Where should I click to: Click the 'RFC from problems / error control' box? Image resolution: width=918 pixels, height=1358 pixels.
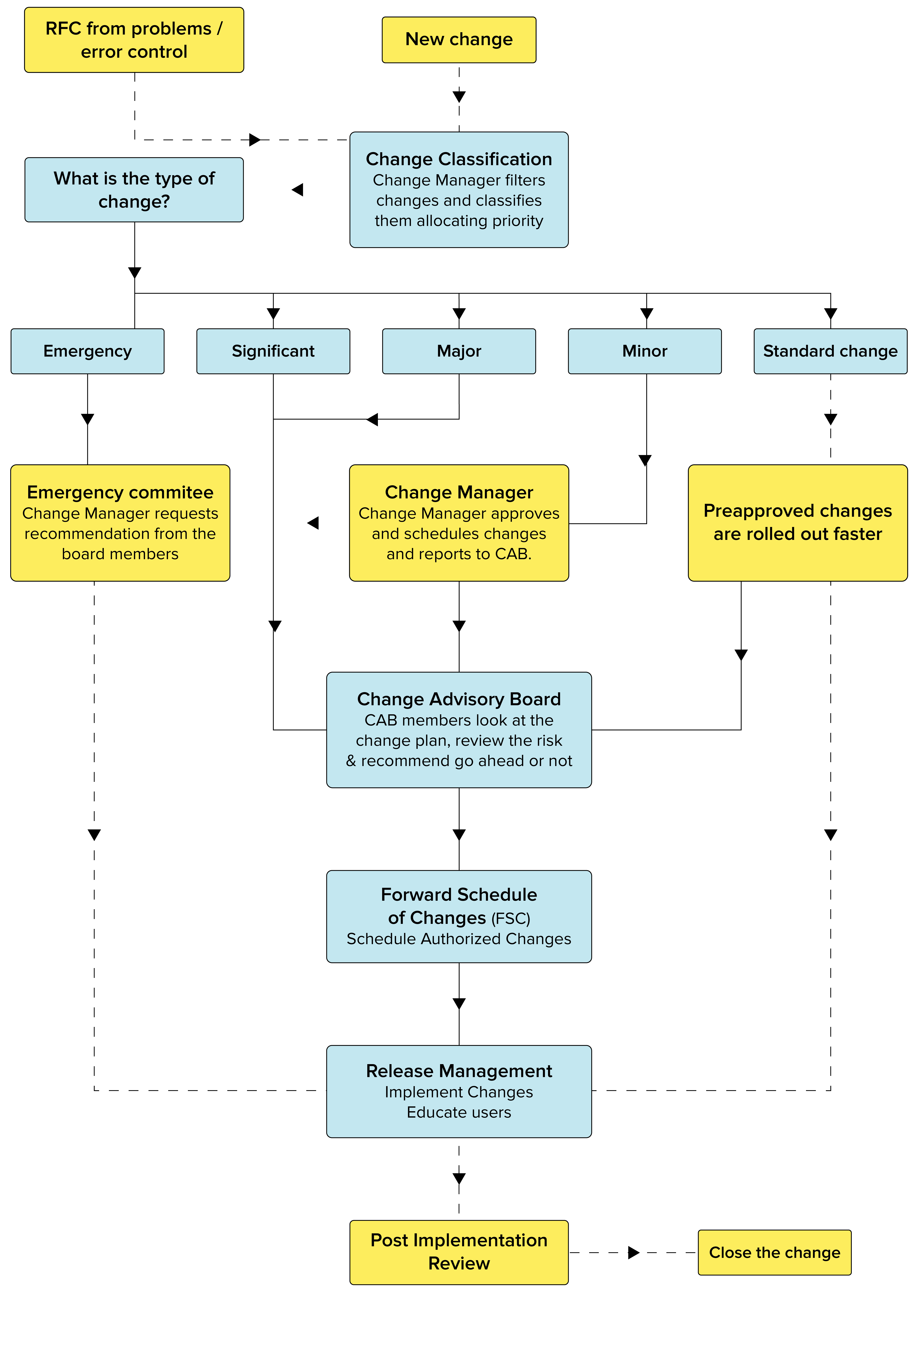[134, 40]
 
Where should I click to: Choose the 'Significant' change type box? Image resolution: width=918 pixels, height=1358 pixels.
[273, 351]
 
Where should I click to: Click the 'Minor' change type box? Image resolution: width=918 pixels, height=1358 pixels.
[644, 351]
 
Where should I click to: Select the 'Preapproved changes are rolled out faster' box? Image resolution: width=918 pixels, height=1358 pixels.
[798, 522]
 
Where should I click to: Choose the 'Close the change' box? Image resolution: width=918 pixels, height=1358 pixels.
[774, 1252]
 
